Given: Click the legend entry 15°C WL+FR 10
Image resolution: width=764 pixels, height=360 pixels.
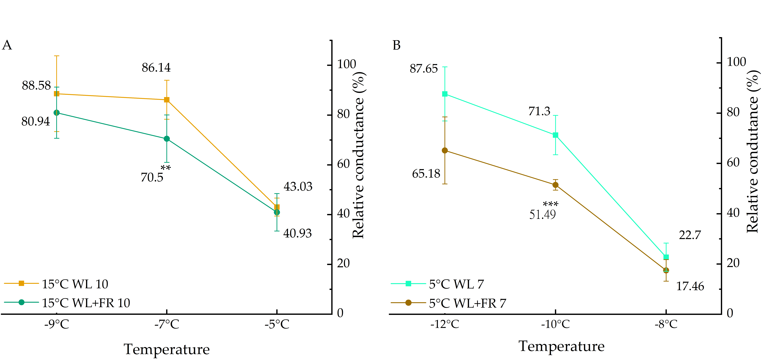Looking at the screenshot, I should click(x=86, y=303).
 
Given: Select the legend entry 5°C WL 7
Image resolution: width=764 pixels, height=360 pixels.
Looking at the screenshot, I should click(x=456, y=284).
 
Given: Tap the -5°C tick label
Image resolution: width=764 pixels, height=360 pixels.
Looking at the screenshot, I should click(x=277, y=324).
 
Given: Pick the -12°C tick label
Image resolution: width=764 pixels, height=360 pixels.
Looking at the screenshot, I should click(x=445, y=324).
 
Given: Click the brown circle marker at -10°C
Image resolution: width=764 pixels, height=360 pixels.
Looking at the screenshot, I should click(x=555, y=185).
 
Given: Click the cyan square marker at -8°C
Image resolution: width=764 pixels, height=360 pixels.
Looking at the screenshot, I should click(x=666, y=257).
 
